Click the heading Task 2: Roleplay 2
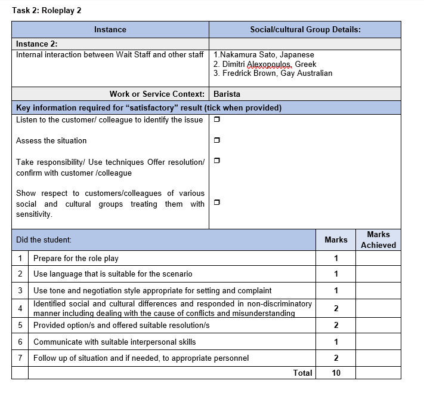coord(47,11)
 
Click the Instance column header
coord(110,29)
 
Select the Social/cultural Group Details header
coord(305,29)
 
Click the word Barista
coord(227,94)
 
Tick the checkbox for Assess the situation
coord(216,141)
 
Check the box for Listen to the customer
coord(216,120)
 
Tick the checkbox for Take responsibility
coord(216,161)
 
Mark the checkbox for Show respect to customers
coord(216,202)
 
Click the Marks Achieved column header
coord(378,240)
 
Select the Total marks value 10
coord(336,373)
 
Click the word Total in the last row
coord(302,373)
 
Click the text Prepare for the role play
coord(76,259)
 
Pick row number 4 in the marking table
coord(20,308)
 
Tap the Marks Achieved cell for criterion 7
coord(378,358)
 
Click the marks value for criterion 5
coord(336,326)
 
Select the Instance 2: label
coord(36,44)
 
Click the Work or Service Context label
coord(157,94)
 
